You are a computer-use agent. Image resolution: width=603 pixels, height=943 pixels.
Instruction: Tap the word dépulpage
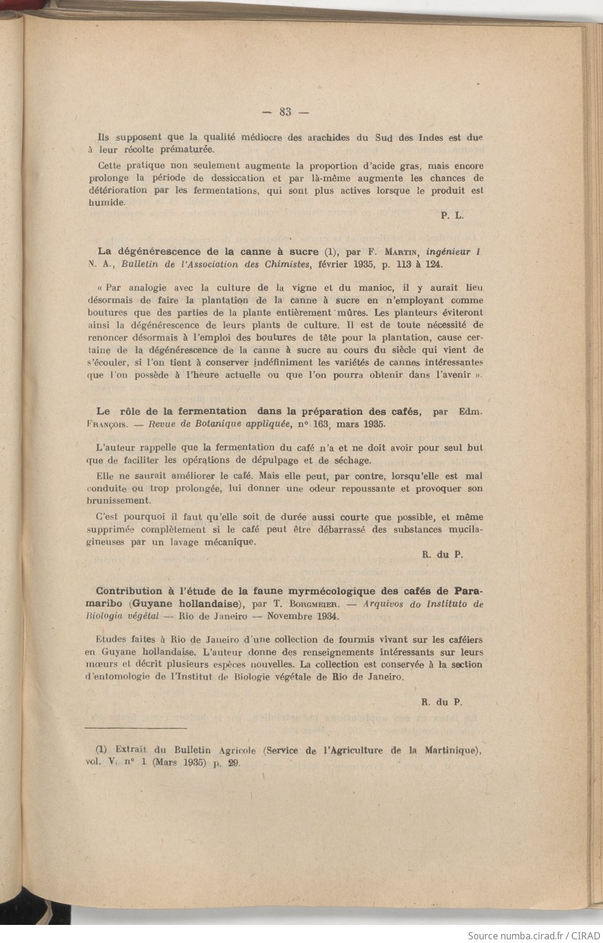click(290, 461)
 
